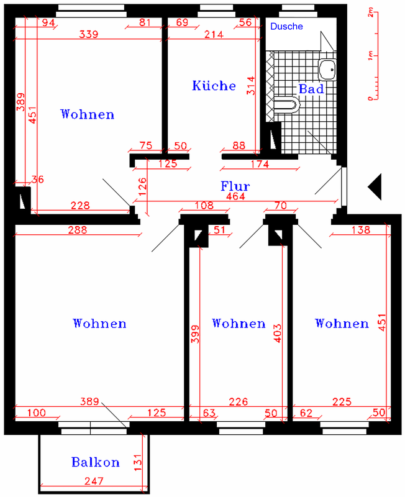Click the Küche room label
click(214, 86)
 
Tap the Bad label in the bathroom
click(311, 89)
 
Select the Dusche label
click(286, 26)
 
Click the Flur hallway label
click(235, 186)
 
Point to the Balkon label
click(96, 462)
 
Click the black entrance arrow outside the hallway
click(375, 187)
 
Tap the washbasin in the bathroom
click(327, 70)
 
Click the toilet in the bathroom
click(287, 105)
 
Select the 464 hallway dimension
click(235, 196)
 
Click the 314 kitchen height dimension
click(251, 86)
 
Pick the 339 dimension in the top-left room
click(89, 34)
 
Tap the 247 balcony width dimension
click(94, 481)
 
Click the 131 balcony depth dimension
click(137, 463)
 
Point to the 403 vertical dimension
click(277, 333)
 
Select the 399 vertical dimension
click(196, 334)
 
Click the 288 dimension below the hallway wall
click(78, 230)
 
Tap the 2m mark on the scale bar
click(370, 13)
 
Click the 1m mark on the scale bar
click(370, 57)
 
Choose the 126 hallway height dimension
click(143, 186)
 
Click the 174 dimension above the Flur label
click(260, 164)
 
